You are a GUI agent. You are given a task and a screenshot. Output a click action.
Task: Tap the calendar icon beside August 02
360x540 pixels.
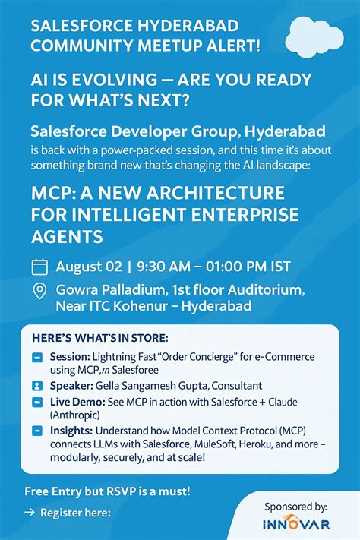[39, 267]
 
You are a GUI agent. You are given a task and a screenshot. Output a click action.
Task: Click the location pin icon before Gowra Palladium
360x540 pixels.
[40, 291]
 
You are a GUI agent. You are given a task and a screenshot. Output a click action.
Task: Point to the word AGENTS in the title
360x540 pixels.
[67, 237]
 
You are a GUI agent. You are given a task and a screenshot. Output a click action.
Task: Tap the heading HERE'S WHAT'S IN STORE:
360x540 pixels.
[100, 336]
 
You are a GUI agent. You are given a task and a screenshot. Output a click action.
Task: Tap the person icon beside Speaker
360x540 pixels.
[38, 385]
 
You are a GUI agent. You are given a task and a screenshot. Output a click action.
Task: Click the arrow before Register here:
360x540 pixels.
[30, 513]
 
